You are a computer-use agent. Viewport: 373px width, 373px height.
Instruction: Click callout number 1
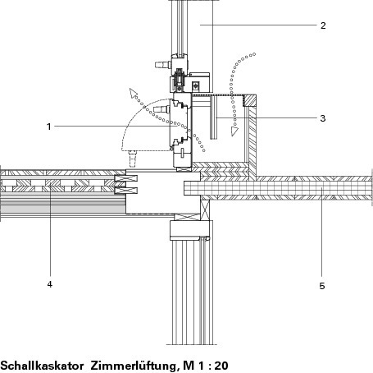tap(49, 127)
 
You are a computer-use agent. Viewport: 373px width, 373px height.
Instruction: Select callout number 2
tap(323, 25)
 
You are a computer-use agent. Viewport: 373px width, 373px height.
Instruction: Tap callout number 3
tap(323, 118)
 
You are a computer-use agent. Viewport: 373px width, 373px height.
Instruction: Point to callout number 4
tap(49, 284)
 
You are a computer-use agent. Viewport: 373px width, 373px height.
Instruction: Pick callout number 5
tap(322, 286)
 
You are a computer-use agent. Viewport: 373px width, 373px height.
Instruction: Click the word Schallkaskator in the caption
tap(42, 366)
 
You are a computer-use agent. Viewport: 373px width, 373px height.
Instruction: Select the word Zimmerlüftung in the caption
tap(134, 366)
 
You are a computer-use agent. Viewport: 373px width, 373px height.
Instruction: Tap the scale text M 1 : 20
tap(206, 366)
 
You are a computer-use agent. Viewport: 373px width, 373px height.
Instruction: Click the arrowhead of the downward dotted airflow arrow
tap(234, 131)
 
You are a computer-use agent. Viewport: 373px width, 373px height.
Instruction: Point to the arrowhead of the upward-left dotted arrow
tap(134, 93)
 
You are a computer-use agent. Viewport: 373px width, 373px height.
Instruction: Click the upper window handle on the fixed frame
tap(163, 65)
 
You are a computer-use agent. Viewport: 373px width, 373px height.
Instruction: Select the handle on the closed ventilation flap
tap(161, 109)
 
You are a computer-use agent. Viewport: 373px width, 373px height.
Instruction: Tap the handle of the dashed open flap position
tap(133, 159)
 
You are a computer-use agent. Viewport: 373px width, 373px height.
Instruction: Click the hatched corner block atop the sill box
tap(250, 101)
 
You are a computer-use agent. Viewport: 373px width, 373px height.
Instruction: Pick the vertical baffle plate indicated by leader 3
tap(214, 117)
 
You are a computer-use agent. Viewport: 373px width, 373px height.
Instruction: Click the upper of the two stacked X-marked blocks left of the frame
tap(126, 179)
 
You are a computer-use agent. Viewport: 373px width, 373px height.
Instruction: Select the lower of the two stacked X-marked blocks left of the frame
tap(126, 191)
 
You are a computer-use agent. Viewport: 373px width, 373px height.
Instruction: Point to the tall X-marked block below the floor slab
tap(205, 210)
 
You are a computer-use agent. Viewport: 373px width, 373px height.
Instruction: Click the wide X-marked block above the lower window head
tap(188, 217)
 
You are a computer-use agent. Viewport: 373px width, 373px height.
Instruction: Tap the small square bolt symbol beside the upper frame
tap(195, 85)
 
